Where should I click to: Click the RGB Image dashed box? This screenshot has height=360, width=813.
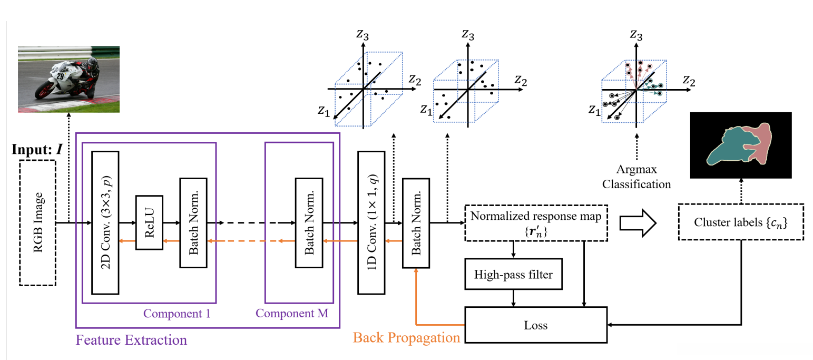point(37,223)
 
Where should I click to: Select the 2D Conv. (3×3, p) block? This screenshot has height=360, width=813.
point(105,222)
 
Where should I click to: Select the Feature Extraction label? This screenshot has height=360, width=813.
point(131,339)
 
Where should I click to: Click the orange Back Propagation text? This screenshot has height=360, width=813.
point(407,337)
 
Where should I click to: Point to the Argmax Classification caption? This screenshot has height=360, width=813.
point(636,178)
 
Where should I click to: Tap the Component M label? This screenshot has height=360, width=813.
point(292,314)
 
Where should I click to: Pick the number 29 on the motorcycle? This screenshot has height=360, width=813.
point(61,76)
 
